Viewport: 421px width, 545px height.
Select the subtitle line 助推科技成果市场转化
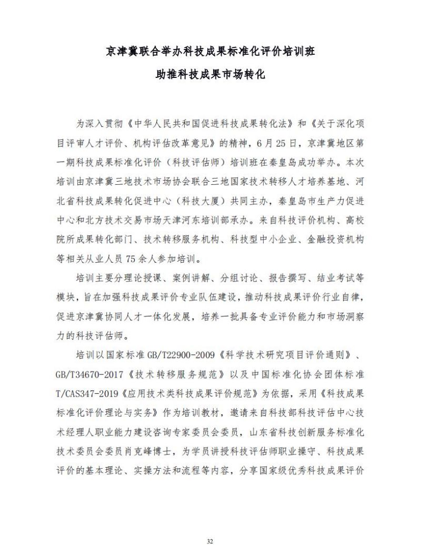pyautogui.click(x=210, y=75)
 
